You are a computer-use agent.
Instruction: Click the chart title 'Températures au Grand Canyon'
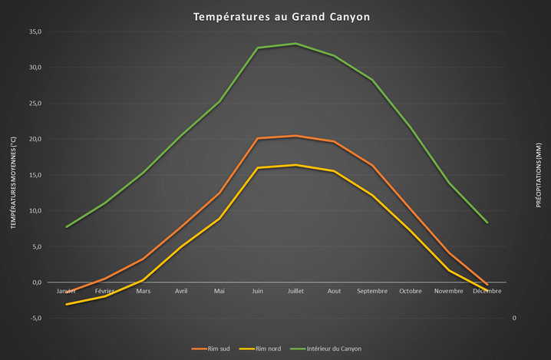pos(275,16)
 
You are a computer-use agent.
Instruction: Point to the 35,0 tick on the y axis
pos(35,31)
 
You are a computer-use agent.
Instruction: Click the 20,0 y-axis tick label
pos(35,139)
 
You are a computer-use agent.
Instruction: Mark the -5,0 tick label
pos(35,318)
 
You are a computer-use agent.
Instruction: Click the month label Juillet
pos(295,292)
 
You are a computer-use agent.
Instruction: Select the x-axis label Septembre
pos(372,292)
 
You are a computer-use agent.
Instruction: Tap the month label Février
pos(104,292)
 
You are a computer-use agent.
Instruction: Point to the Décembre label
pos(487,292)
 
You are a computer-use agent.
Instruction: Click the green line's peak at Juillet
pos(295,44)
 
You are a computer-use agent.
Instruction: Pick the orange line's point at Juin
pos(257,138)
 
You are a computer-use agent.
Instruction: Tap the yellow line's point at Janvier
pos(67,305)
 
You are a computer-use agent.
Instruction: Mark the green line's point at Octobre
pos(411,127)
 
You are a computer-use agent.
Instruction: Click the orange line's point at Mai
pos(219,193)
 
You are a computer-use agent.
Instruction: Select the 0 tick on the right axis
pos(513,318)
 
